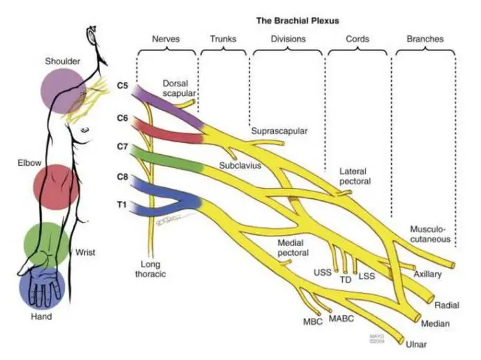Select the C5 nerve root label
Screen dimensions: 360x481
pos(122,86)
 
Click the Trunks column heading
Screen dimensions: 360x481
pos(223,39)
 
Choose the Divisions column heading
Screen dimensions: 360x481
pos(287,39)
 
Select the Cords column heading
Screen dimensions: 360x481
pos(357,39)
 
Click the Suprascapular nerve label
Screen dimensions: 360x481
pos(279,131)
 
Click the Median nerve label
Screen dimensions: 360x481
pos(436,323)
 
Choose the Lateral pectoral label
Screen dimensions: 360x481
pos(355,176)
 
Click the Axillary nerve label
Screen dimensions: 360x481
pos(428,274)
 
